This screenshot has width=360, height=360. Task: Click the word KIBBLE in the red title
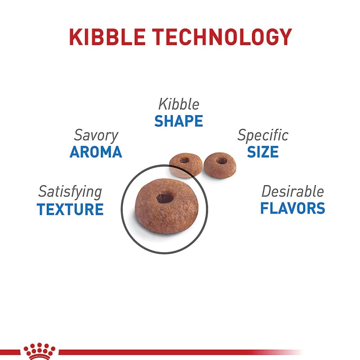pyautogui.click(x=107, y=37)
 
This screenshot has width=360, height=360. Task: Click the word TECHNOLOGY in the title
pyautogui.click(x=222, y=37)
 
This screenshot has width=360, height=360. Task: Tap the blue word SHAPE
pyautogui.click(x=179, y=121)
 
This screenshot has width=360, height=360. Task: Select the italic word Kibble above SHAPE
pyautogui.click(x=179, y=104)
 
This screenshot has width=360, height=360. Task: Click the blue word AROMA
pyautogui.click(x=96, y=152)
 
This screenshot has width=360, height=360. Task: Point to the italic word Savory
pyautogui.click(x=96, y=136)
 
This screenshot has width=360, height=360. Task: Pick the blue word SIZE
pyautogui.click(x=263, y=152)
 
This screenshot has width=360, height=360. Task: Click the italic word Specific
pyautogui.click(x=263, y=136)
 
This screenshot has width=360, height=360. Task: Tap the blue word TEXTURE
pyautogui.click(x=70, y=209)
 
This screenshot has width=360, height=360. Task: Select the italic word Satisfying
pyautogui.click(x=70, y=192)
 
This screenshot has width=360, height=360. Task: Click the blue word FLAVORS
pyautogui.click(x=292, y=208)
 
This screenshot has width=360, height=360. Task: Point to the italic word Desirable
pyautogui.click(x=292, y=191)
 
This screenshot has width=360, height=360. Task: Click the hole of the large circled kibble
pyautogui.click(x=165, y=198)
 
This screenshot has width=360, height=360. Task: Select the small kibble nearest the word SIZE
pyautogui.click(x=220, y=165)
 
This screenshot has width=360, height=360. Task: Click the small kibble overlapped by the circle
pyautogui.click(x=186, y=165)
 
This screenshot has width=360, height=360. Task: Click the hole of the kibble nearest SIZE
pyautogui.click(x=221, y=160)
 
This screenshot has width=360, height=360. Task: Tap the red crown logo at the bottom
pyautogui.click(x=40, y=351)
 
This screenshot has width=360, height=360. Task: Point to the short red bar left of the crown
pyautogui.click(x=10, y=352)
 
